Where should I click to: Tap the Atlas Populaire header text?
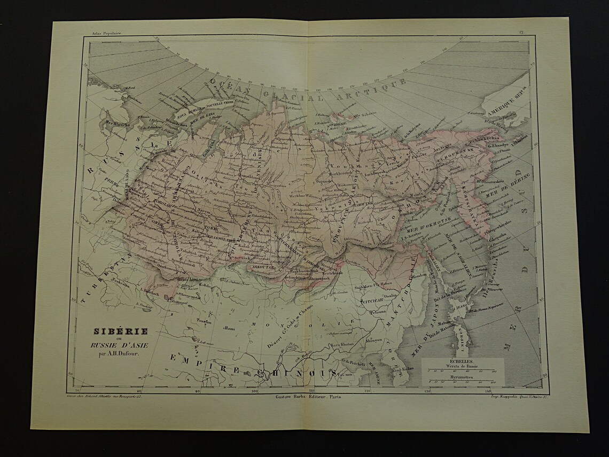[x=106, y=33]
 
